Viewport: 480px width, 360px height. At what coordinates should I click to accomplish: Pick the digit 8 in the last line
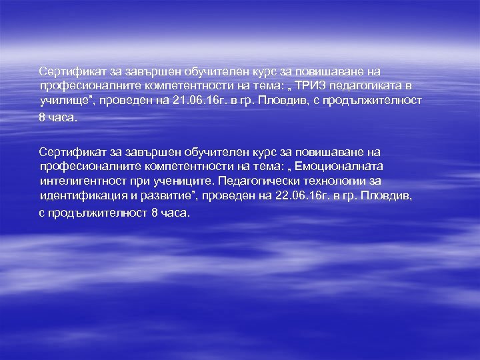pyautogui.click(x=155, y=213)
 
